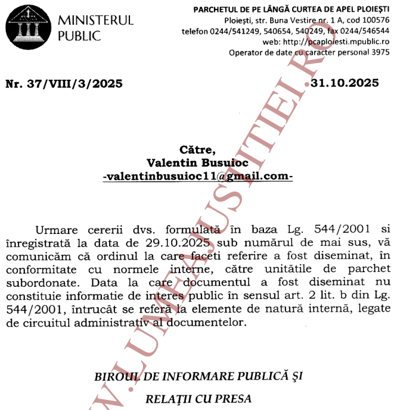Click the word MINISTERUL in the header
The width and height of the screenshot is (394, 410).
96,21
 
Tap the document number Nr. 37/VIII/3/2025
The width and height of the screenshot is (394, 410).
64,84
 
